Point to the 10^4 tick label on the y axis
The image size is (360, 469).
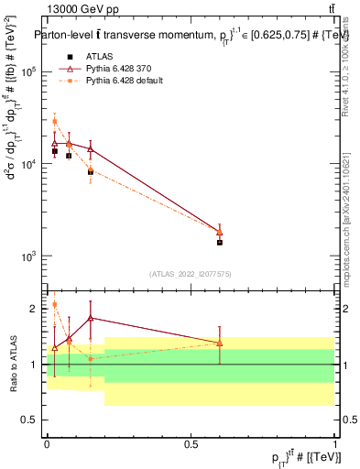28,164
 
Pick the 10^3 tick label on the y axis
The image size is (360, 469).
28,256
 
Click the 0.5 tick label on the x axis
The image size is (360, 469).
191,442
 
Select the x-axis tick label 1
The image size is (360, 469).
334,442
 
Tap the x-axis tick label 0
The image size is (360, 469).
47,442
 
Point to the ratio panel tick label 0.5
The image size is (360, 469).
31,420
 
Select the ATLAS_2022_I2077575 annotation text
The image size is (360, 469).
191,274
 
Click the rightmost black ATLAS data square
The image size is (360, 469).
220,242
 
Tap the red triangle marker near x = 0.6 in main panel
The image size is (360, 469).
220,232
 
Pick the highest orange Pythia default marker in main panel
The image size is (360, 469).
54,121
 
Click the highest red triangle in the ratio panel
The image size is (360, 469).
91,318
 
